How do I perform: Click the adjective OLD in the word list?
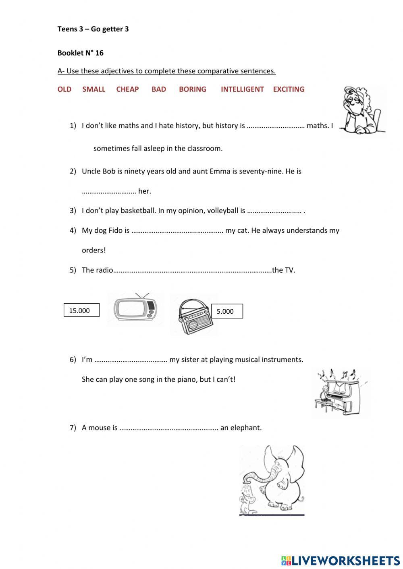tap(64, 89)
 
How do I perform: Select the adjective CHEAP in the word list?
tap(127, 89)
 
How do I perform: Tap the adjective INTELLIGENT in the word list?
tap(242, 89)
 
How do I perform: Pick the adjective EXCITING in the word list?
tap(289, 89)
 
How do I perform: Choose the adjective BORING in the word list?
tap(192, 89)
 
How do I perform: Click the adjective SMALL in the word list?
tap(93, 89)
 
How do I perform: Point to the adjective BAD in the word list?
tap(159, 89)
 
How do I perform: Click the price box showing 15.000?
tap(81, 310)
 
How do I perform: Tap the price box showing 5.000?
tap(227, 311)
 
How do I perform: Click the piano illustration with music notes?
tap(341, 393)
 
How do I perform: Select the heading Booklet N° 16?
tap(80, 53)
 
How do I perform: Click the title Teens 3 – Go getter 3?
tap(93, 29)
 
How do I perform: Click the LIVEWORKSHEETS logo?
tap(341, 560)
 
